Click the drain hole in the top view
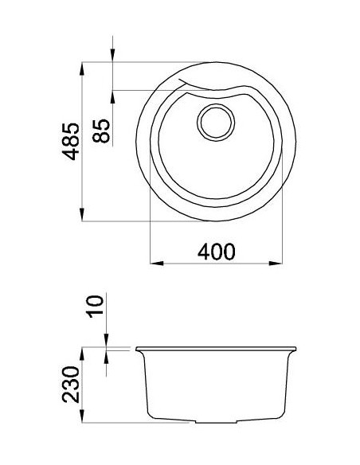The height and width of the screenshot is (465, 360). click(216, 122)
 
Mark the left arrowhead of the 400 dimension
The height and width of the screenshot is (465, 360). click(156, 262)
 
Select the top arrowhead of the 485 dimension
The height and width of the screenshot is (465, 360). click(83, 68)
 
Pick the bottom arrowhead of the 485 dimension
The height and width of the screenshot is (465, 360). click(83, 216)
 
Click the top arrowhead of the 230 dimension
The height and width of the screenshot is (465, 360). click(83, 353)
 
